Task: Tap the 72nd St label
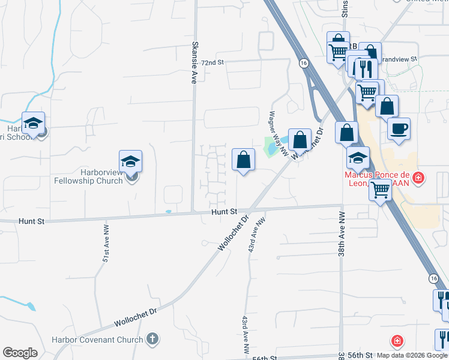click(212, 62)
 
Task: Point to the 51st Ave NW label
click(106, 244)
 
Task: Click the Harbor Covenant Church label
click(106, 340)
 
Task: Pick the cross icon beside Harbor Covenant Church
click(152, 339)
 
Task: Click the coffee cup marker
click(399, 128)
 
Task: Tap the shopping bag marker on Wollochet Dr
click(300, 140)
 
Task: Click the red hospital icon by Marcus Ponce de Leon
click(418, 178)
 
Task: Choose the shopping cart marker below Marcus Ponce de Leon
click(380, 190)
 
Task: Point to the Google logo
click(20, 353)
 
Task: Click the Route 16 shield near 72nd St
click(304, 63)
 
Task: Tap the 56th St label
click(263, 357)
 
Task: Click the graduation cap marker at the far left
click(34, 123)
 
